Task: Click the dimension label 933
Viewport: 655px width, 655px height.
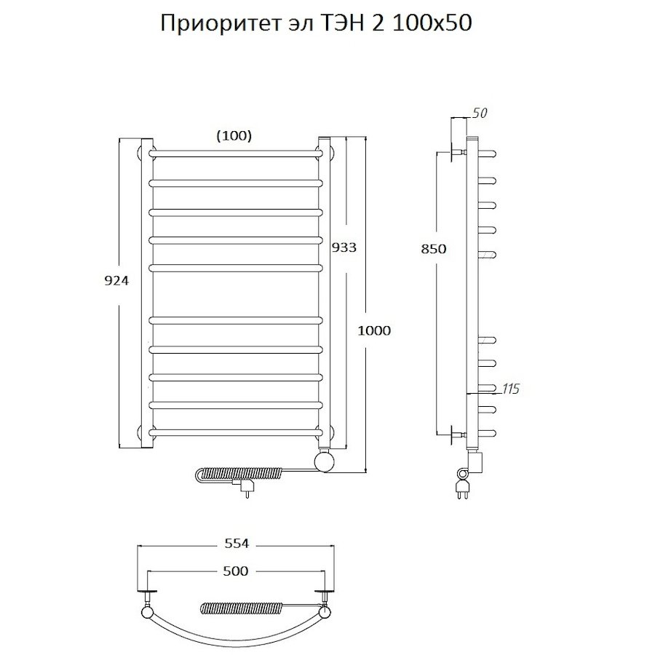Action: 344,247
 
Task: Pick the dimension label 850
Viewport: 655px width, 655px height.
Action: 434,249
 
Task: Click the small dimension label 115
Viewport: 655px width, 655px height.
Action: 510,389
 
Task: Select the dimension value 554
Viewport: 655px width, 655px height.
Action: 236,544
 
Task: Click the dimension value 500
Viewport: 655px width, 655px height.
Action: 234,571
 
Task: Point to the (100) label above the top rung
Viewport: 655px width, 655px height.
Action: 234,135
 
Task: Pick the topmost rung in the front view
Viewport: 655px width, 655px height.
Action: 236,154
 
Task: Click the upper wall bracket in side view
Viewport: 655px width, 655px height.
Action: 458,154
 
